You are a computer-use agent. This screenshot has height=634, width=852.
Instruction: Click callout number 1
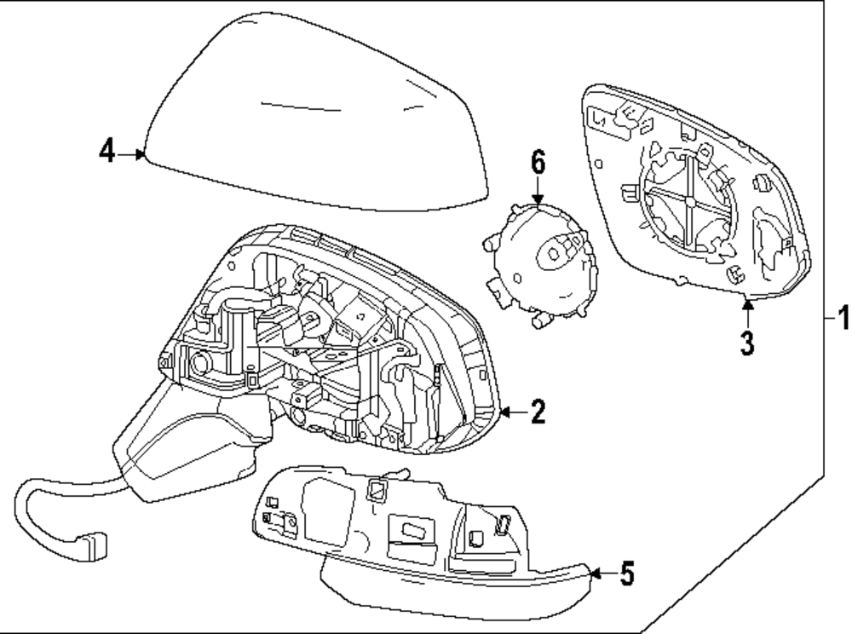(x=842, y=320)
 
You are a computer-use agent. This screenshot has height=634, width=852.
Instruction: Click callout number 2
(x=536, y=413)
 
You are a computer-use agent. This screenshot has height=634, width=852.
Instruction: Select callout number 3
(x=746, y=344)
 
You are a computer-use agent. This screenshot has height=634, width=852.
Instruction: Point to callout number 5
(x=626, y=574)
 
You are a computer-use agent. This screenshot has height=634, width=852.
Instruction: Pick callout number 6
(x=538, y=162)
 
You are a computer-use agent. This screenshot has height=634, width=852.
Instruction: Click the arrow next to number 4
(x=132, y=154)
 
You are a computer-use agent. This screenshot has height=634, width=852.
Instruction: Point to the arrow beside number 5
(x=601, y=573)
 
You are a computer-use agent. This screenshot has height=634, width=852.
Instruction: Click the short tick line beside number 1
(x=828, y=319)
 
